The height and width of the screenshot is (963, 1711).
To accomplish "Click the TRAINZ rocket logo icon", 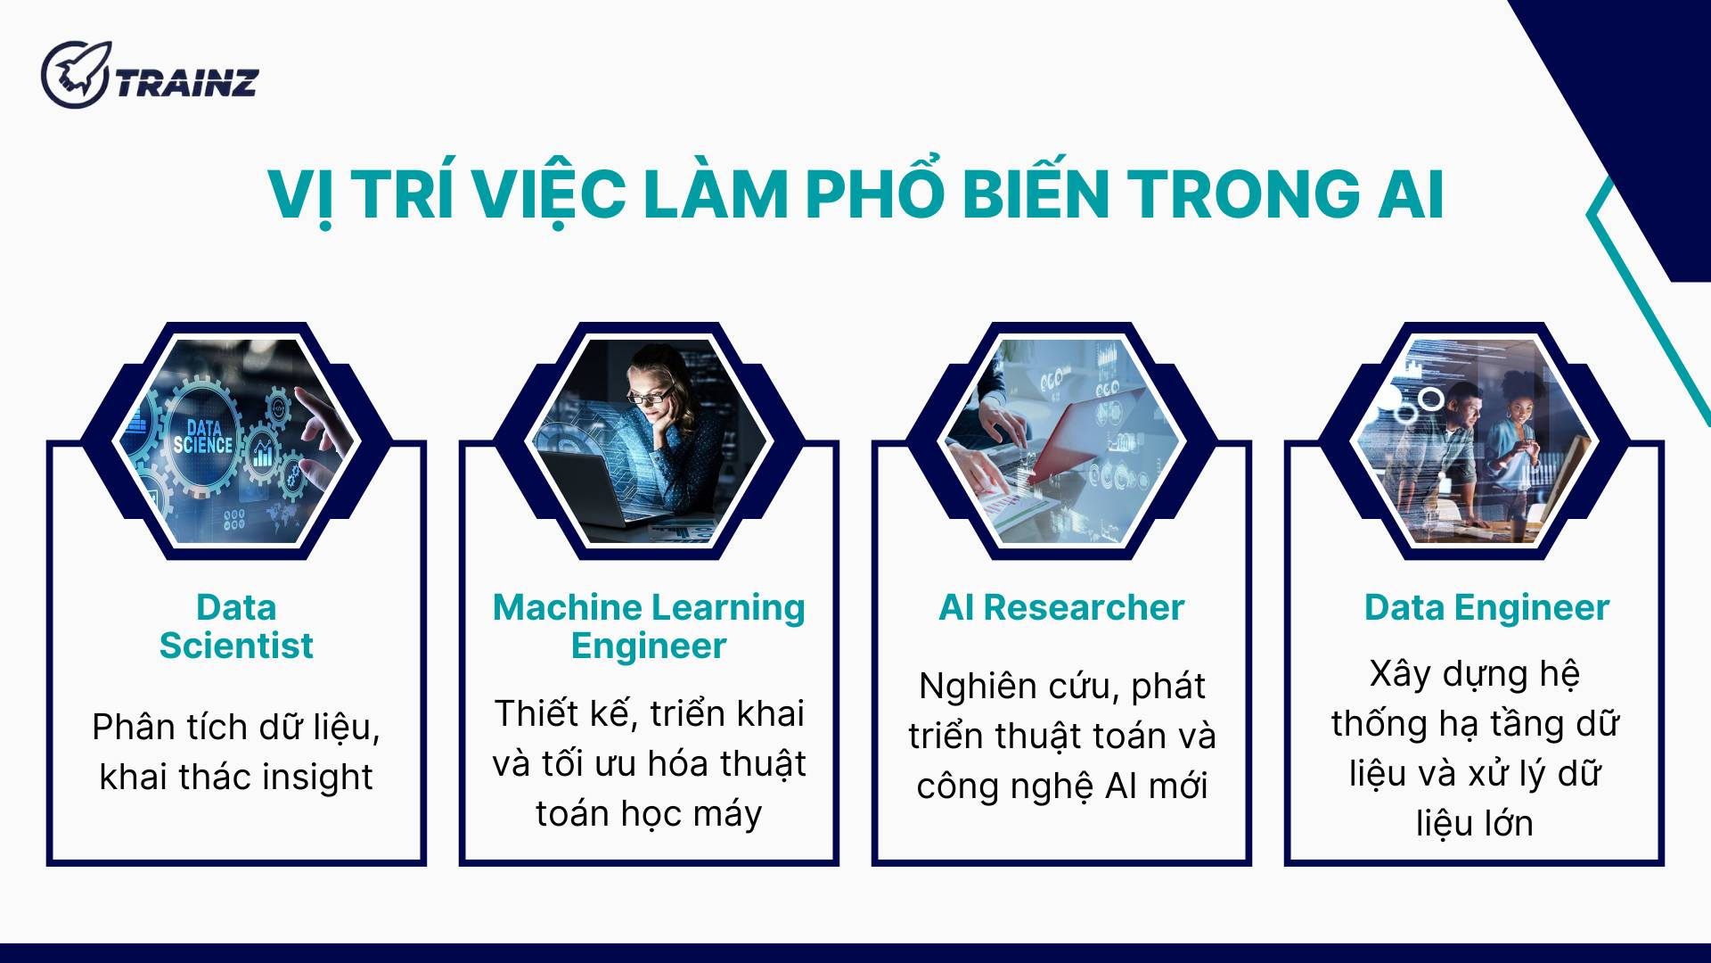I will pyautogui.click(x=75, y=74).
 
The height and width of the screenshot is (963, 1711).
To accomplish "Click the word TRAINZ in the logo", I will pyautogui.click(x=187, y=83).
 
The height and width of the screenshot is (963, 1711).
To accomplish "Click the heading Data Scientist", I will pyautogui.click(x=236, y=626).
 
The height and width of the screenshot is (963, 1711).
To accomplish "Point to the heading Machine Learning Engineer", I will pyautogui.click(x=649, y=626).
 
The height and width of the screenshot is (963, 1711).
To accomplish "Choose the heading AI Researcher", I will pyautogui.click(x=1061, y=608).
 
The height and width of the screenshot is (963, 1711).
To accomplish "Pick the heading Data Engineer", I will pyautogui.click(x=1486, y=608).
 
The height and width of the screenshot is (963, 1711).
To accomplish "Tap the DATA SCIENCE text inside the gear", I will pyautogui.click(x=203, y=437).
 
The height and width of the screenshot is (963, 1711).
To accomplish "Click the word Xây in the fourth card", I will pyautogui.click(x=1400, y=674).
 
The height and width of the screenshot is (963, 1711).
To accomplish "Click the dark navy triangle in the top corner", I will pyautogui.click(x=1640, y=107).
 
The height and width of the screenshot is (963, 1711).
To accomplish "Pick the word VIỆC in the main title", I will pyautogui.click(x=549, y=194).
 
